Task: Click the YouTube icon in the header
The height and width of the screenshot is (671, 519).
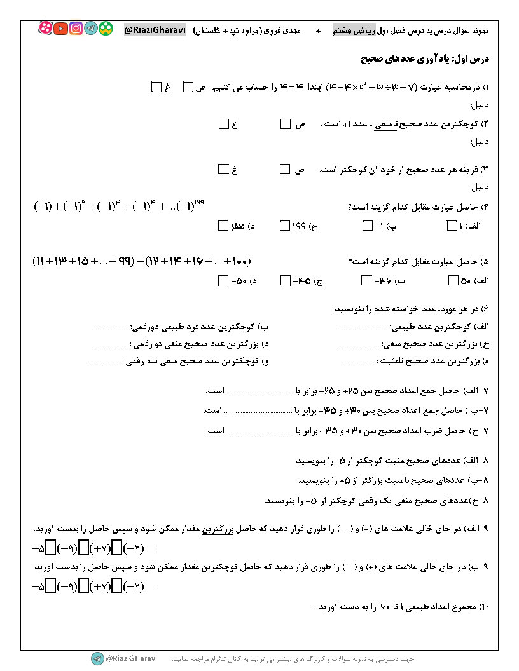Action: (61, 29)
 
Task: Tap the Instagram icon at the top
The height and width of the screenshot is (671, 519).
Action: (76, 29)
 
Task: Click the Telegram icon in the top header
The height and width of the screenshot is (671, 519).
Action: (91, 29)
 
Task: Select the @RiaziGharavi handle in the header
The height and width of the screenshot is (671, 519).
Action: (155, 29)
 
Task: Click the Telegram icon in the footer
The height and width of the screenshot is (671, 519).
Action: (97, 658)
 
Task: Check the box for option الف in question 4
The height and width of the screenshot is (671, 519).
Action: (452, 226)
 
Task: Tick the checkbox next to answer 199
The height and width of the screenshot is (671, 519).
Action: (285, 226)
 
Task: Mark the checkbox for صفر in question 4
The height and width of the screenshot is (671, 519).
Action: (223, 226)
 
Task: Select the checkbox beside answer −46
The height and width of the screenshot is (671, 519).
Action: (367, 280)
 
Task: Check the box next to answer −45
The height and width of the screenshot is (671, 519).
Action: (285, 280)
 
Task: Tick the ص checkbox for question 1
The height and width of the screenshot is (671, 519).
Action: (188, 87)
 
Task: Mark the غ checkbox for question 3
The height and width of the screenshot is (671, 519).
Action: (223, 169)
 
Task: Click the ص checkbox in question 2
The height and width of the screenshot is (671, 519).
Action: (285, 124)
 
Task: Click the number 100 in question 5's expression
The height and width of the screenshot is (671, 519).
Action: (241, 261)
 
